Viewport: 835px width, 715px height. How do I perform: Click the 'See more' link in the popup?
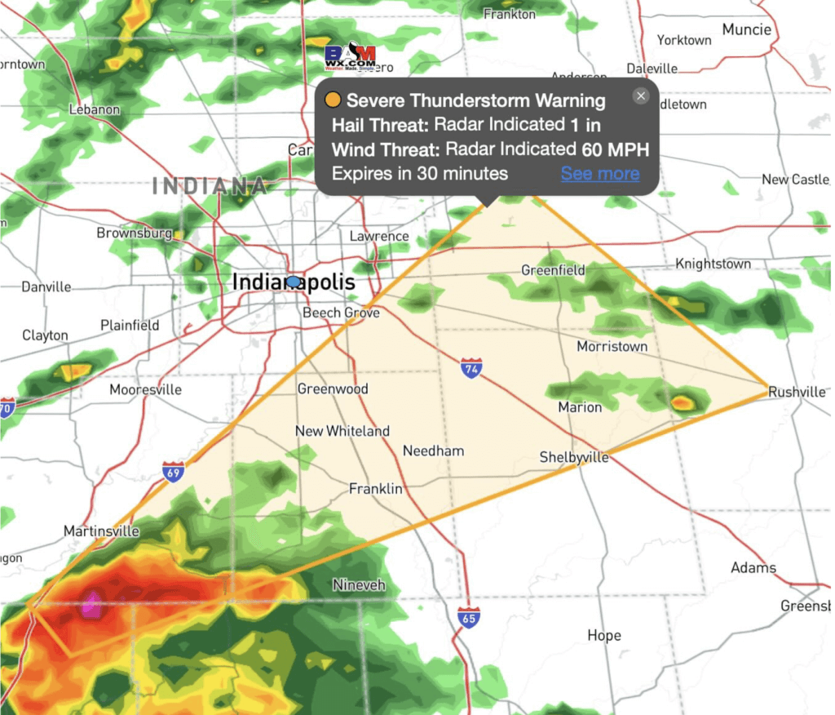(x=599, y=174)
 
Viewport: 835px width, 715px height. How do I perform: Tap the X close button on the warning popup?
(x=641, y=96)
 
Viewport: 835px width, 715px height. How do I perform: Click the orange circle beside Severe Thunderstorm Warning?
(x=332, y=101)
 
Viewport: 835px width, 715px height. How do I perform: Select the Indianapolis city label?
(x=294, y=282)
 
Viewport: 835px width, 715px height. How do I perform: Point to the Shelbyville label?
(x=574, y=457)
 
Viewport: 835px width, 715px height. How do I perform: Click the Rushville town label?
(x=797, y=392)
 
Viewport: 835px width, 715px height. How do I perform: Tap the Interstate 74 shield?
(x=471, y=367)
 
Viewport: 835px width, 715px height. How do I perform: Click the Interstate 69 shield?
(x=173, y=471)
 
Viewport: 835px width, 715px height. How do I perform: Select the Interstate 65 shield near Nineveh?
(x=468, y=616)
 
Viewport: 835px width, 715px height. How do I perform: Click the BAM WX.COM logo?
(x=350, y=56)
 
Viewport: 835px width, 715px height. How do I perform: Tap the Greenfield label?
(x=553, y=270)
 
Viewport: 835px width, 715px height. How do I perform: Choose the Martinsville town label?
(x=101, y=531)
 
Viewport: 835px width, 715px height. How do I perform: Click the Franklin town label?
(x=375, y=489)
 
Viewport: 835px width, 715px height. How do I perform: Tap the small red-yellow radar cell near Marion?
(x=682, y=402)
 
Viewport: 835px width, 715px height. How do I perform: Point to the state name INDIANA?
(x=210, y=186)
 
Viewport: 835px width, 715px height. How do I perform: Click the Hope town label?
(x=603, y=635)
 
